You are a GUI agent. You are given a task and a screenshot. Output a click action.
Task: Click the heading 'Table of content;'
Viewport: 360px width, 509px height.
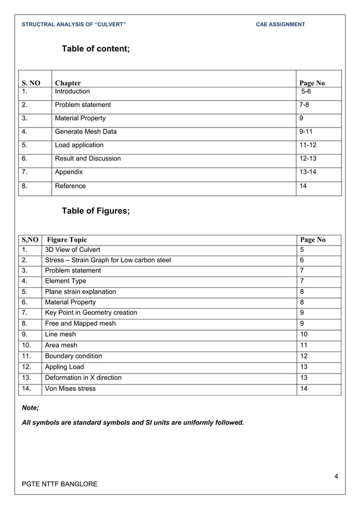click(95, 49)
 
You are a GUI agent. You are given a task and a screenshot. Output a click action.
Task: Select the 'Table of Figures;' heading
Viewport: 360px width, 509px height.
click(95, 211)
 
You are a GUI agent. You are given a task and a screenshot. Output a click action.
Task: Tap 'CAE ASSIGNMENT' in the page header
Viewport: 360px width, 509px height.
click(280, 24)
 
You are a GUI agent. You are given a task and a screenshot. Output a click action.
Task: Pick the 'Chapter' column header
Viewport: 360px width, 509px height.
click(67, 83)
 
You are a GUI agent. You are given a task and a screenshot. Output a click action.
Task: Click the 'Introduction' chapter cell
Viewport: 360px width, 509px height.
click(72, 91)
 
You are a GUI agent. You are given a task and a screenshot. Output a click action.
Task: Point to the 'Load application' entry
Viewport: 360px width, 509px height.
click(79, 145)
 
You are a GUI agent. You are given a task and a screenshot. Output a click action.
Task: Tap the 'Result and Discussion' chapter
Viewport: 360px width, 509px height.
click(87, 159)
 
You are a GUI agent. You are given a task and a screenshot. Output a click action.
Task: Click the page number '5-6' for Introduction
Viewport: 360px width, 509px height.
click(305, 91)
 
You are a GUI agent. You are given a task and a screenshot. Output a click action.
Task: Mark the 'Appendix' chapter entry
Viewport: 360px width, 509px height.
click(68, 172)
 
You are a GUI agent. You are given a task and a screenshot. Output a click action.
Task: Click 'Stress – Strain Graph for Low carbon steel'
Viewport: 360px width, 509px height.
click(107, 260)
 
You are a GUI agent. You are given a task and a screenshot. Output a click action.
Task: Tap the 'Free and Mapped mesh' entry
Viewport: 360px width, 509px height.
click(76, 323)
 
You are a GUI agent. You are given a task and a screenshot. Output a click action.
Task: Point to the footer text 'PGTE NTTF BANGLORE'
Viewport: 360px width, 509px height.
click(59, 484)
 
